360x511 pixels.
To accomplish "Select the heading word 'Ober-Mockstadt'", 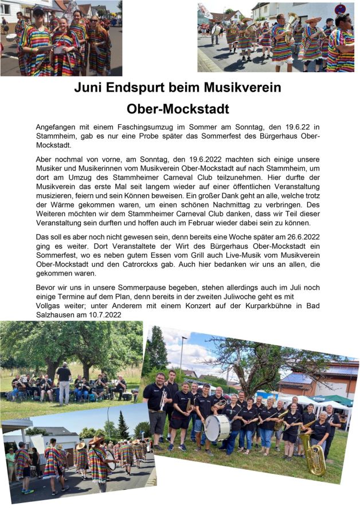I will point(178,108).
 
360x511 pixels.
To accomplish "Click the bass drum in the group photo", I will point(217,427).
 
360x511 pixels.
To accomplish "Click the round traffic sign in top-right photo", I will point(341,9).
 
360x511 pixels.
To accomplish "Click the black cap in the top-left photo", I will point(39,11).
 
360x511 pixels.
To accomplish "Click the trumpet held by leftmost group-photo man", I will point(163,399).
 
